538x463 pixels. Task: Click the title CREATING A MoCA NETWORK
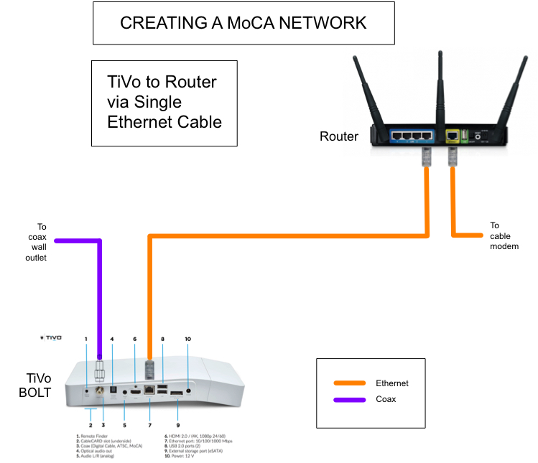coord(243,23)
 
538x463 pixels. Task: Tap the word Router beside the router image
coord(338,136)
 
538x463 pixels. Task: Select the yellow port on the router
coord(453,135)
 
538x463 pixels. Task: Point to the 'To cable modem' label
coord(504,235)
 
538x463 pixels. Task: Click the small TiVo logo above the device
coord(52,337)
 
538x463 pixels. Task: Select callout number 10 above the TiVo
coord(189,339)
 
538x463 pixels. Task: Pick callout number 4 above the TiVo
coord(111,339)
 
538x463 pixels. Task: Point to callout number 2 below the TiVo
coord(91,426)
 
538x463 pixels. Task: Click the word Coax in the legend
coord(387,399)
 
